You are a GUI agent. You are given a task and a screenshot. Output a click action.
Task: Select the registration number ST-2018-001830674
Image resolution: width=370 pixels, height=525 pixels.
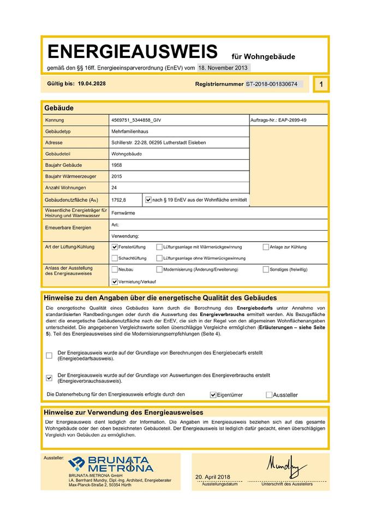pyautogui.click(x=272, y=84)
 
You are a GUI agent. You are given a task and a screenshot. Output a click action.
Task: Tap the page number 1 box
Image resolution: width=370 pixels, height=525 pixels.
pyautogui.click(x=321, y=84)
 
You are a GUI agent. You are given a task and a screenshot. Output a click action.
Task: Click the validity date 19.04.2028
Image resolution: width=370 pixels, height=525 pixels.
pyautogui.click(x=92, y=84)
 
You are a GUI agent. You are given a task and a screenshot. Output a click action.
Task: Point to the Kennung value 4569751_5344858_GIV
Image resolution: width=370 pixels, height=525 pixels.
pyautogui.click(x=135, y=120)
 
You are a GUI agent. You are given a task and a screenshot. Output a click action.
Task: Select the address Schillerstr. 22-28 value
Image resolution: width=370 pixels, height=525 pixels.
pyautogui.click(x=158, y=143)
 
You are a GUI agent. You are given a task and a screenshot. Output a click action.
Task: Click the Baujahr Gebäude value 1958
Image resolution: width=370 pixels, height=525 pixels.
pyautogui.click(x=116, y=165)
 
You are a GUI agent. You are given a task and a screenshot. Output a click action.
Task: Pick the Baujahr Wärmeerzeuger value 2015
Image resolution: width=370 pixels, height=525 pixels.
pyautogui.click(x=116, y=177)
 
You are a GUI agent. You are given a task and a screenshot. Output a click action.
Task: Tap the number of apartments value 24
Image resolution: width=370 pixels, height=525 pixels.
pyautogui.click(x=114, y=188)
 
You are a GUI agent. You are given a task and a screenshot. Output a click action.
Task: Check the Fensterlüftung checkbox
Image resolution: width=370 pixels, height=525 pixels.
pyautogui.click(x=115, y=247)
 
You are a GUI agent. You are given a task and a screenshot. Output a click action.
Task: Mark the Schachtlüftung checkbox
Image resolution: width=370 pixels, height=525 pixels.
pyautogui.click(x=115, y=258)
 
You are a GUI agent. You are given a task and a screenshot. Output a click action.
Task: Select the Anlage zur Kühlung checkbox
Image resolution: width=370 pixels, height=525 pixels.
pyautogui.click(x=266, y=247)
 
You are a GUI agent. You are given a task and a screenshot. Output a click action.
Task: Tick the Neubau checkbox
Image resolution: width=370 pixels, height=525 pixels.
pyautogui.click(x=115, y=270)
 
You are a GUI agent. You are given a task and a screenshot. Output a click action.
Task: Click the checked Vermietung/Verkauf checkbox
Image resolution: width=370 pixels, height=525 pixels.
pyautogui.click(x=115, y=282)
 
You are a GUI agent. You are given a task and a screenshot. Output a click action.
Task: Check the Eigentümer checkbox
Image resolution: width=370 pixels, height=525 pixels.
pyautogui.click(x=213, y=394)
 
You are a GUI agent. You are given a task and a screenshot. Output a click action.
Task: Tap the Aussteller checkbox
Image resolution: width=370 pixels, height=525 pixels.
pyautogui.click(x=269, y=394)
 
